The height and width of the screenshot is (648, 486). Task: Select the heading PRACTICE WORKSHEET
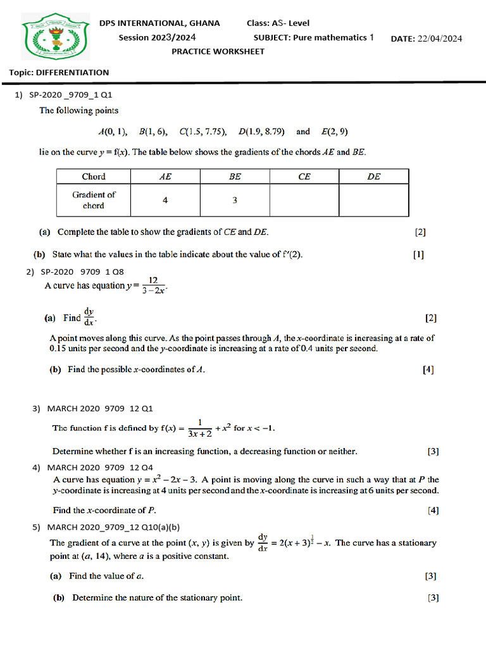tap(218, 51)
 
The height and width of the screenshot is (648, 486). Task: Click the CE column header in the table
tap(304, 177)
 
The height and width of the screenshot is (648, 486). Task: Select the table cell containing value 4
tap(165, 200)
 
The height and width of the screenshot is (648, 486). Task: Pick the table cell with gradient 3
tap(235, 200)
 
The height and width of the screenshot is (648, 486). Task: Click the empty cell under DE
tap(373, 200)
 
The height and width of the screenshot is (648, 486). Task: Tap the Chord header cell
tap(94, 177)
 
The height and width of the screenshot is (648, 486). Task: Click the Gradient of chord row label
tap(94, 200)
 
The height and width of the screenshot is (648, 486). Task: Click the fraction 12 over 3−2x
tap(153, 285)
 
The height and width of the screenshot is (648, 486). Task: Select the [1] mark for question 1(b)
tap(418, 255)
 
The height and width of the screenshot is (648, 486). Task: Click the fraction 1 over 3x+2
tap(199, 428)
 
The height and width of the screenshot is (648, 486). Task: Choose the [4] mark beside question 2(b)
tap(428, 370)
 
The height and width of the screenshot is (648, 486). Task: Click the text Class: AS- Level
tap(278, 23)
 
